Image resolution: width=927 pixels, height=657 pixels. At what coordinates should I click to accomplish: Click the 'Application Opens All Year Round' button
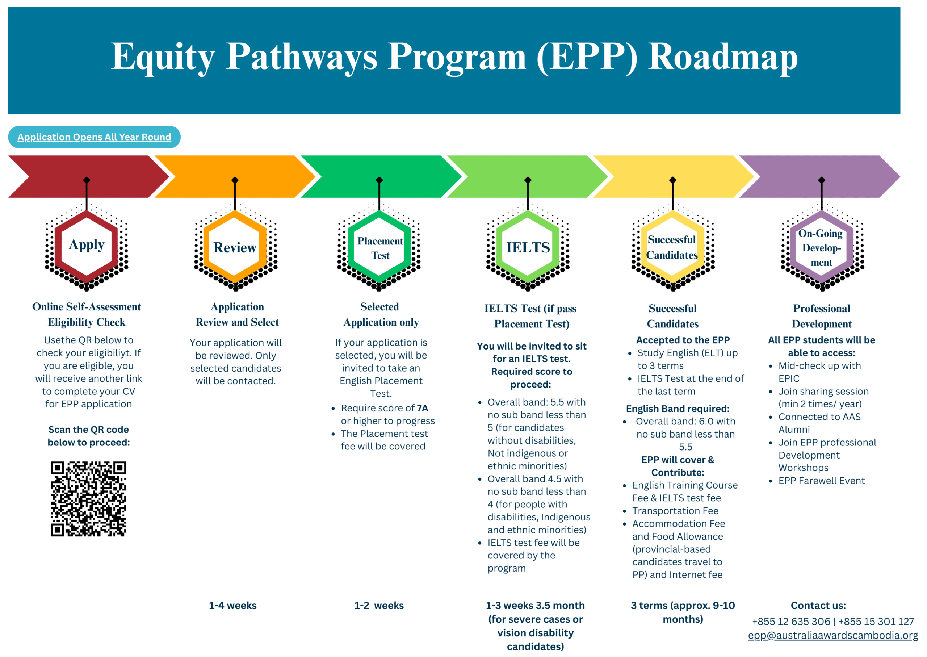94,137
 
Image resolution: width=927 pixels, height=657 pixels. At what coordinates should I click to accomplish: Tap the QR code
89,499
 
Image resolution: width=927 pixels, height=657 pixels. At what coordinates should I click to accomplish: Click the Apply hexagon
87,246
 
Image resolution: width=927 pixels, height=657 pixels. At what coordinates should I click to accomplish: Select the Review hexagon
235,247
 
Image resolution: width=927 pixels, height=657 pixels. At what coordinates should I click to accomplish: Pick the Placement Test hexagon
379,248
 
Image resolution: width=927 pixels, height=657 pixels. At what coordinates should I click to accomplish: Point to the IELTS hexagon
528,247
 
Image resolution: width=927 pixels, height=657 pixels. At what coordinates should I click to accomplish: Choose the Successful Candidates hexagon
672,247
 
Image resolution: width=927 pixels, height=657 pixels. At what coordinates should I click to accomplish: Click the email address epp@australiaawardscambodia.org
833,636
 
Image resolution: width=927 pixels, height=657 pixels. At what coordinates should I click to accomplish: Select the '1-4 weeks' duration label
232,606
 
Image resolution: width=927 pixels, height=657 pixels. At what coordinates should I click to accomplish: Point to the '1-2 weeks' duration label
379,606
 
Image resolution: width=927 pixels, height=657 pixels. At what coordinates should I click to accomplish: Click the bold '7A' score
422,408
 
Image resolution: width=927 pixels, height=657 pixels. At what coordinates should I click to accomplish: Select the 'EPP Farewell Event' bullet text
821,481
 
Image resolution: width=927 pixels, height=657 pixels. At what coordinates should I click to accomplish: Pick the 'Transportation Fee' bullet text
675,511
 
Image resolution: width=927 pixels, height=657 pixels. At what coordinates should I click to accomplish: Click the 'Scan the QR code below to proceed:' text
89,436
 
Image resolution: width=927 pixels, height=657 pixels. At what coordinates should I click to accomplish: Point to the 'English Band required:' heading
678,409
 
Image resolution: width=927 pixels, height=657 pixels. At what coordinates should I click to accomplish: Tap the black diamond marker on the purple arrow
821,180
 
